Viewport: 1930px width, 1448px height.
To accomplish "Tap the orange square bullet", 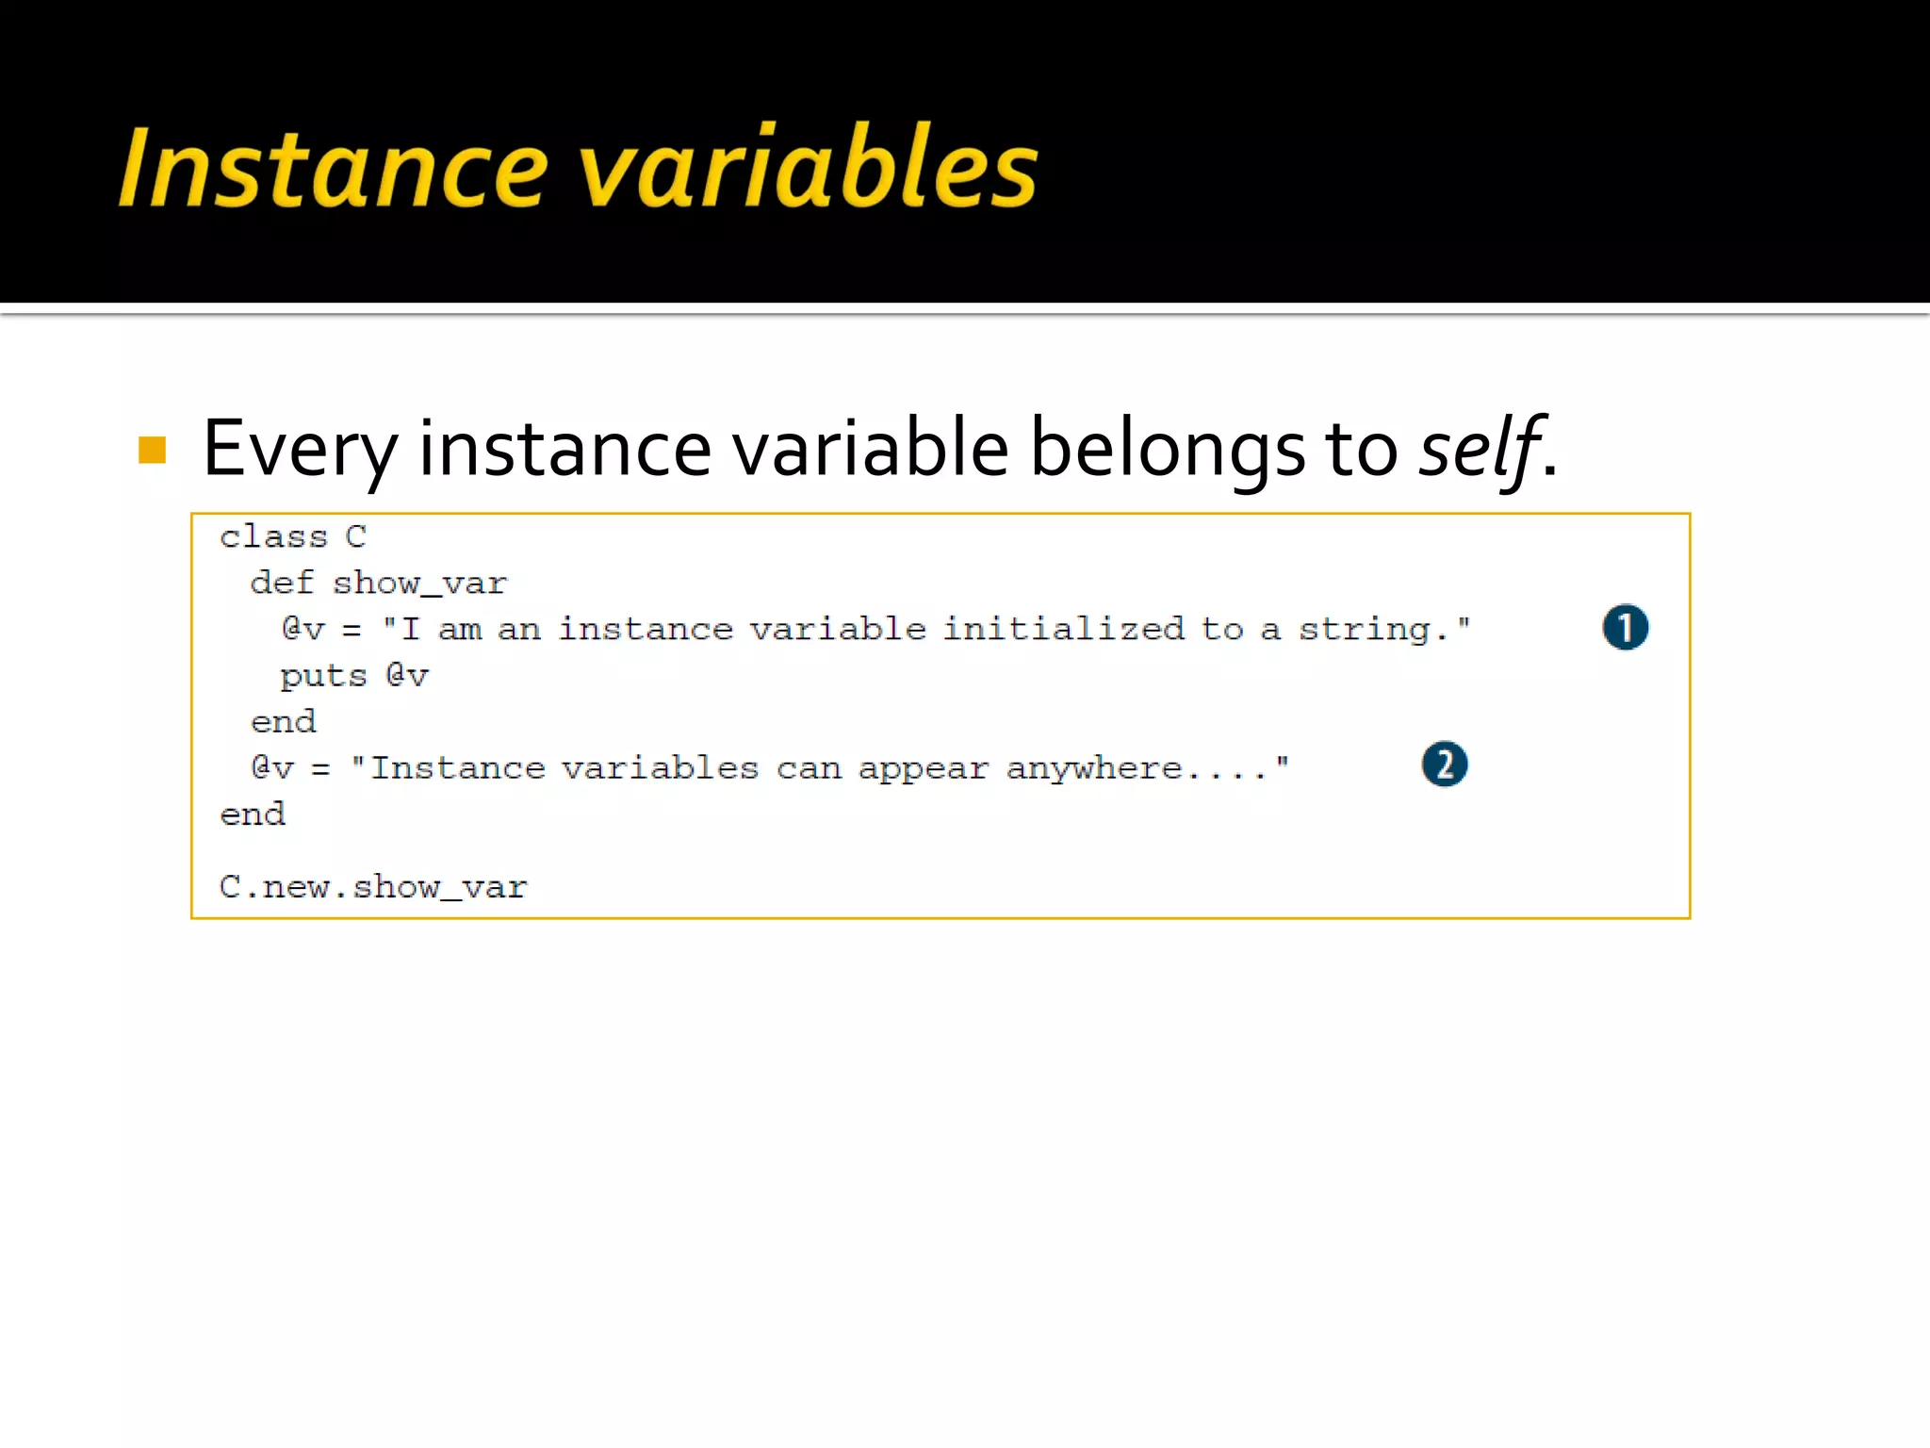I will coord(152,450).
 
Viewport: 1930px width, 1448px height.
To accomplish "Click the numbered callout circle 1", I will coord(1625,628).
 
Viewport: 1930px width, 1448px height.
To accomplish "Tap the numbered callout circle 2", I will coord(1444,765).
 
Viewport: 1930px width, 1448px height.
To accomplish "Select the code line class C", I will coord(292,536).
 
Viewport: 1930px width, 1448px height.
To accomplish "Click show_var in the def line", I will coord(419,584).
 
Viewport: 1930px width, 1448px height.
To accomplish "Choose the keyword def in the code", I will coord(281,584).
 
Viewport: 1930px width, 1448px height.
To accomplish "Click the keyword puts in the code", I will coord(322,676).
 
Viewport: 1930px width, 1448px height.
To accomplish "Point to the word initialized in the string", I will coord(1063,629).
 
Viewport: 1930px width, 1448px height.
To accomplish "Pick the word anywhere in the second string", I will coord(1093,769).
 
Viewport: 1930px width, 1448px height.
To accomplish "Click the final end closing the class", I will coord(253,814).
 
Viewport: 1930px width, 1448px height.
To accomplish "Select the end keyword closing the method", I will coord(283,722).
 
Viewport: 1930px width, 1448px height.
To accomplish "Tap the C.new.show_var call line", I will coord(373,887).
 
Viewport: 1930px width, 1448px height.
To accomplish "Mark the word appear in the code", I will coord(923,769).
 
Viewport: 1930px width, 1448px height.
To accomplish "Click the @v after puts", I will coord(407,676).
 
